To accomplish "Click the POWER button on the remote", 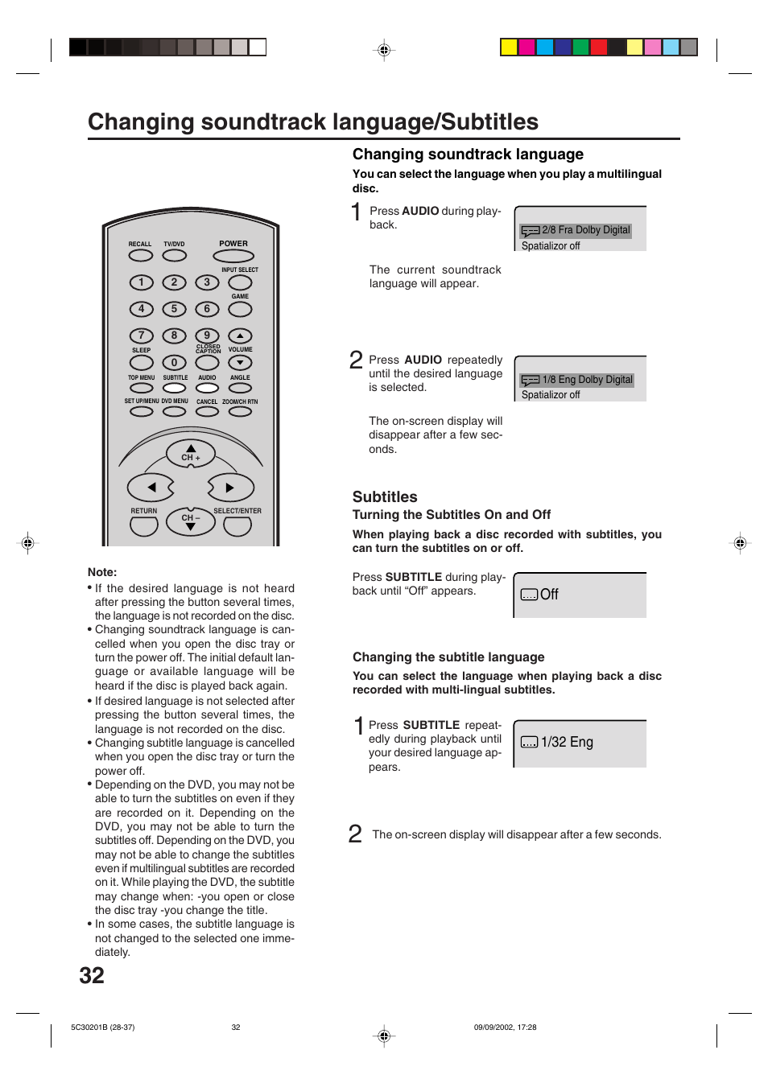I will click(x=233, y=256).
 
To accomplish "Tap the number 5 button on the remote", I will click(x=174, y=309).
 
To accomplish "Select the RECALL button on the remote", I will click(x=140, y=255).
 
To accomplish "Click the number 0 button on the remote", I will click(x=174, y=363).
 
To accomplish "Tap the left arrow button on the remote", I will click(x=151, y=488).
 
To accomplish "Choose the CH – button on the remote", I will click(x=191, y=522).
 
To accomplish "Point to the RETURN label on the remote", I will click(x=144, y=511).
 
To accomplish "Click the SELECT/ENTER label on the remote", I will click(x=237, y=511).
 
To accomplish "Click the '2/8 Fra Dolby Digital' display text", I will click(x=585, y=230).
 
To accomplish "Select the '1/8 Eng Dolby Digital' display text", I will click(x=587, y=380).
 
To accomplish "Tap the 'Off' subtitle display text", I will click(x=549, y=595).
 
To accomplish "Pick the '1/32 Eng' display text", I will click(x=567, y=742).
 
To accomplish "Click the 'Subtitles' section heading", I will click(x=385, y=497).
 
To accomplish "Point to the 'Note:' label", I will click(x=102, y=572).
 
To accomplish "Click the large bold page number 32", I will click(x=92, y=975).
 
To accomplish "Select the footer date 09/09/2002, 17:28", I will click(x=505, y=1027).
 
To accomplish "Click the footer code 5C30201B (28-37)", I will click(x=103, y=1027).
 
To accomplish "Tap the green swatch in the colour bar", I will click(x=580, y=47).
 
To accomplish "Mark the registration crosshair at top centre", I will click(x=384, y=50).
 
